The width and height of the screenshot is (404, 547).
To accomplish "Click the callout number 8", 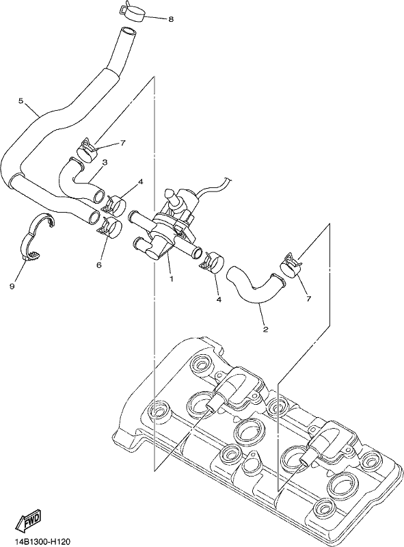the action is pyautogui.click(x=171, y=20).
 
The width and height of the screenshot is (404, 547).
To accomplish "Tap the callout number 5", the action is pyautogui.click(x=21, y=101).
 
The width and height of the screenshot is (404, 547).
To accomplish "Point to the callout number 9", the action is pyautogui.click(x=12, y=286).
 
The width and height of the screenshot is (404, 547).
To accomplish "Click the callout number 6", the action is pyautogui.click(x=98, y=265).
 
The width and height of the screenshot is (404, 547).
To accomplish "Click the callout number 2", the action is pyautogui.click(x=265, y=330).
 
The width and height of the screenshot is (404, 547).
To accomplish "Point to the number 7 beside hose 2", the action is pyautogui.click(x=308, y=299).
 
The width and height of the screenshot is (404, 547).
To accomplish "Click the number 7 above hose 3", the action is pyautogui.click(x=122, y=143).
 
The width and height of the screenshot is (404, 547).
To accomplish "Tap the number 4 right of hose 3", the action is pyautogui.click(x=140, y=182).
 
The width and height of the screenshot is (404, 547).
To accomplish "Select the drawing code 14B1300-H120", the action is pyautogui.click(x=38, y=542).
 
